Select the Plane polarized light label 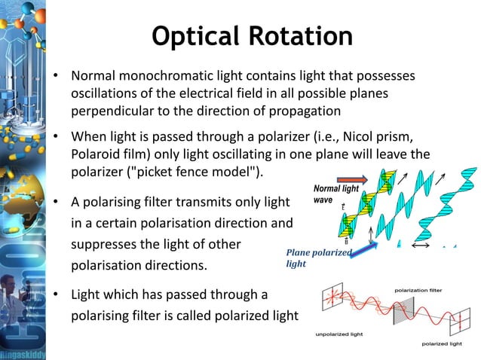coord(317,258)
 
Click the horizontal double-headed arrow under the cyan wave coord(421,246)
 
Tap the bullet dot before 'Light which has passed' coord(56,294)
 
